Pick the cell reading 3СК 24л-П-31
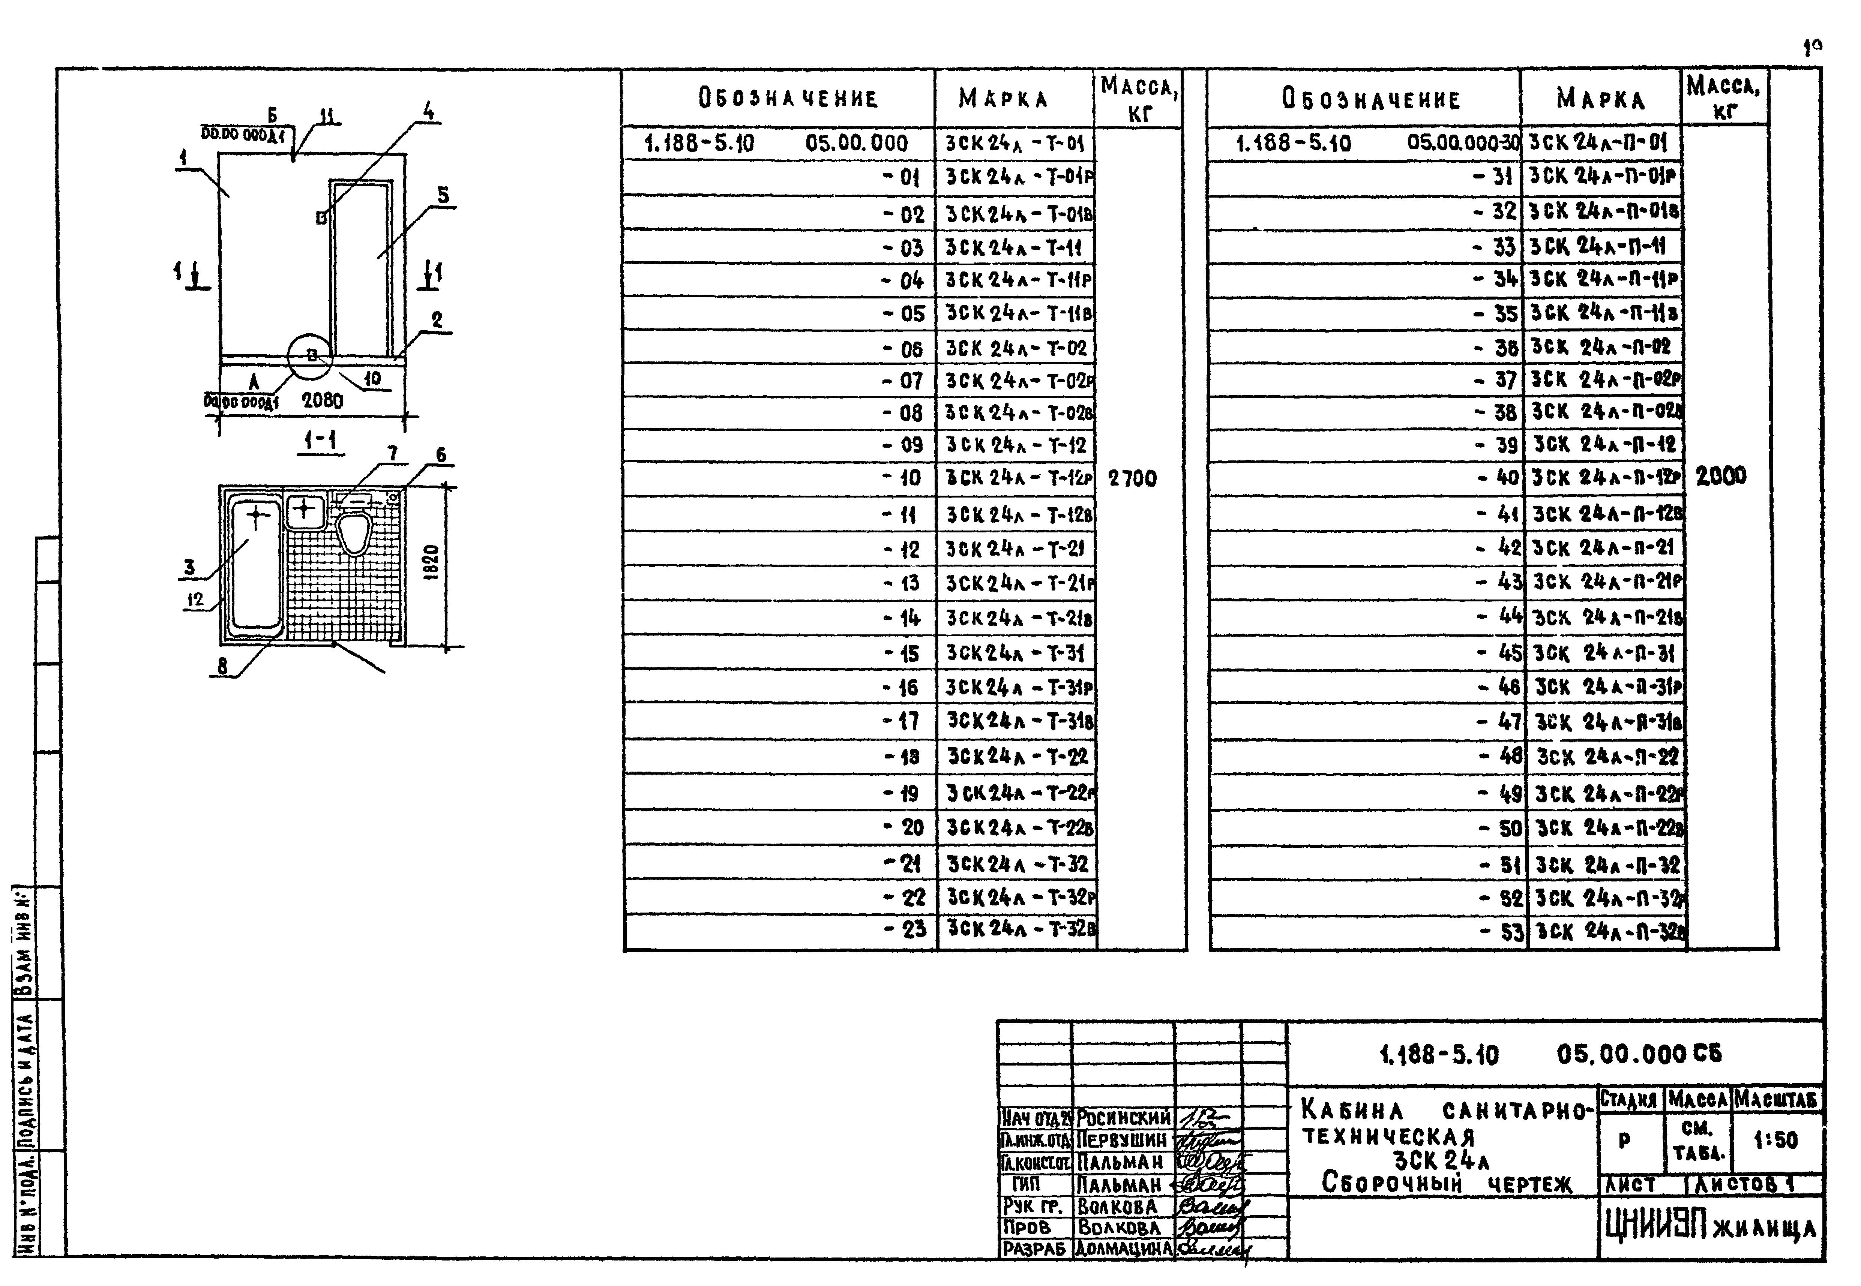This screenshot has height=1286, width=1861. [1604, 653]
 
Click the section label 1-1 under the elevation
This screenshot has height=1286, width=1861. [321, 441]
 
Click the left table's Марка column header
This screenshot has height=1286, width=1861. [1003, 99]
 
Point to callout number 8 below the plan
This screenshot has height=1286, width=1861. [222, 665]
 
